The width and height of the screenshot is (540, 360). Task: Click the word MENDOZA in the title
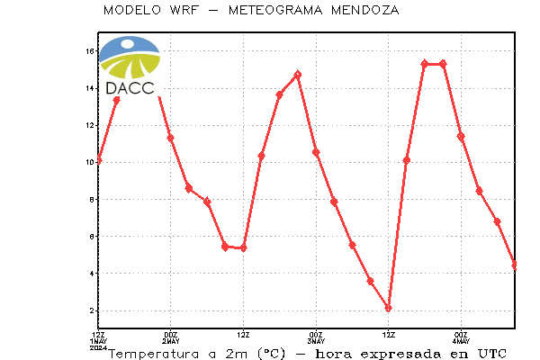tap(365, 10)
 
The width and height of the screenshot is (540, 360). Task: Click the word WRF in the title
tap(184, 10)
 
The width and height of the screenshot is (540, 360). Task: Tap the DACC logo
tap(130, 66)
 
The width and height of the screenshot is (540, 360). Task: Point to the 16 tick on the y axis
tap(89, 51)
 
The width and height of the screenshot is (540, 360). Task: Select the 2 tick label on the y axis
tap(92, 310)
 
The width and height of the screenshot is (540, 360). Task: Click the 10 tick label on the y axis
tap(89, 162)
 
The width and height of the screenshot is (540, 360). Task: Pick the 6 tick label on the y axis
tap(92, 237)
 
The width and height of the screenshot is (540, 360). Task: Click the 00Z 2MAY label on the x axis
tap(171, 338)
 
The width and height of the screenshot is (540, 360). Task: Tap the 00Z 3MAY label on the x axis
tap(316, 338)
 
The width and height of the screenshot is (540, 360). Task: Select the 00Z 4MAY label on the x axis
tap(461, 338)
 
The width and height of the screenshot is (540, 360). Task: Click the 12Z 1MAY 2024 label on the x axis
tap(98, 341)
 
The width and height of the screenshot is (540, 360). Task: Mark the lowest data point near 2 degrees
tap(389, 308)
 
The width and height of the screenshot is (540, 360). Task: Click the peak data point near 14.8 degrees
tap(298, 75)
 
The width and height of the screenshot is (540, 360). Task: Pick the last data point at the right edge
tap(515, 265)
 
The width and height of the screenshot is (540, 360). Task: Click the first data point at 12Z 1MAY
tap(99, 159)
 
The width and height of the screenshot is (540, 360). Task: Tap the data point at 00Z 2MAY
tap(170, 138)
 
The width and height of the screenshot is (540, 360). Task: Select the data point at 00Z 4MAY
tap(461, 137)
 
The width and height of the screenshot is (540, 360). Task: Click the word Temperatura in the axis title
tap(154, 354)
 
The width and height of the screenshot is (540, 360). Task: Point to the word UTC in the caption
tap(492, 354)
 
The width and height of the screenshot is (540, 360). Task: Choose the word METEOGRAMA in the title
tap(275, 10)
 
